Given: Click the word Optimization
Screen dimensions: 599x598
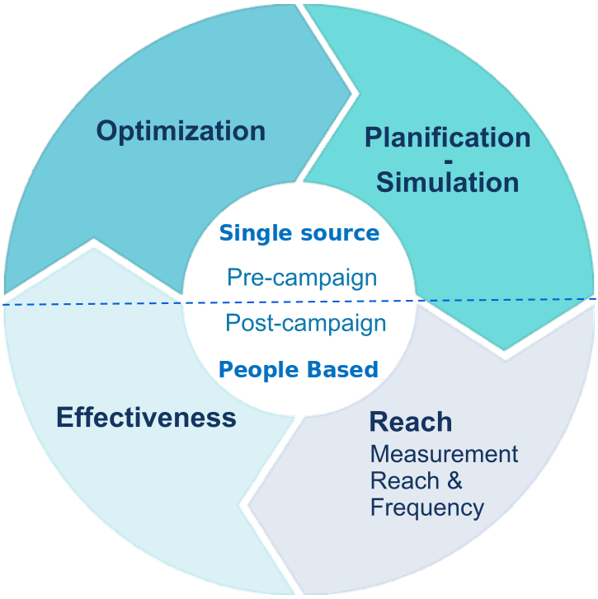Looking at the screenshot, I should click(181, 131).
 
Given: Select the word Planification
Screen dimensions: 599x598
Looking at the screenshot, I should click(447, 137).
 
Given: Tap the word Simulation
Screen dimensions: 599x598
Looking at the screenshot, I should click(447, 181).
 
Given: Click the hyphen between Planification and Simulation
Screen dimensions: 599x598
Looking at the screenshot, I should click(448, 159).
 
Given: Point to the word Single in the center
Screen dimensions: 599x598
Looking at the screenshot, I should click(250, 233).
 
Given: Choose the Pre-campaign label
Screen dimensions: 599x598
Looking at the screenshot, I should click(302, 277).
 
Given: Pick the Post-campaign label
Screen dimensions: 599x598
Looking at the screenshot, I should click(305, 323).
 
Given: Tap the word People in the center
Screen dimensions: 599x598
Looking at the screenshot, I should click(253, 369).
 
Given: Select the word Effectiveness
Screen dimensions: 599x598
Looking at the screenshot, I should click(146, 417).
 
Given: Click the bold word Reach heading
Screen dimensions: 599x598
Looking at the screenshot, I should click(411, 422).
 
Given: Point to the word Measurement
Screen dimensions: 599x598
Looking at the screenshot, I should click(444, 454).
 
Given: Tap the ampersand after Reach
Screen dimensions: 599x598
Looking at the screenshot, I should click(454, 481).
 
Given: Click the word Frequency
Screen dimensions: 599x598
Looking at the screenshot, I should click(426, 508).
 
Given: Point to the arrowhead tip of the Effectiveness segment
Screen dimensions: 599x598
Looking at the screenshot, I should click(93, 241).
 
